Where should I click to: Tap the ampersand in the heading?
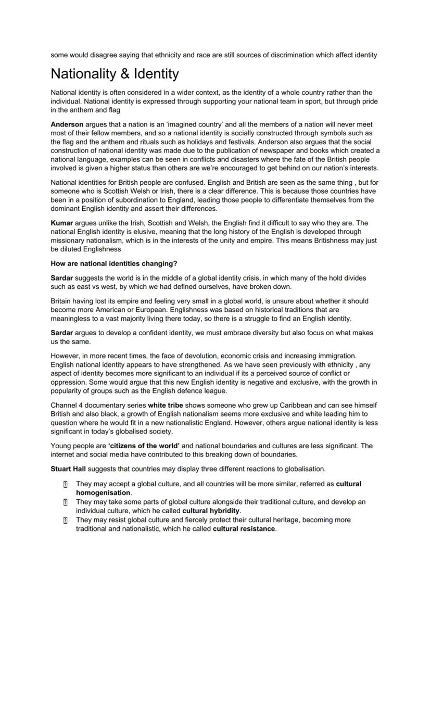125,74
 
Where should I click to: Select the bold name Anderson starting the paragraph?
67,124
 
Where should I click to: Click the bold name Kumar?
62,223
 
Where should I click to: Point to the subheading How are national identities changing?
114,263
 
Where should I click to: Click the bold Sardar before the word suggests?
62,278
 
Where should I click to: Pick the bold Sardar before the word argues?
62,333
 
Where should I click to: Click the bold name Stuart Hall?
68,468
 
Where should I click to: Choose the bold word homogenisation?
103,492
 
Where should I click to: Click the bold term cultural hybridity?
211,511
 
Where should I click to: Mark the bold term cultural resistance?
244,529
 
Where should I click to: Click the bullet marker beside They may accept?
65,484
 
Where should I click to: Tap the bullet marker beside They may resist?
65,520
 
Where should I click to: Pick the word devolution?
193,356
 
